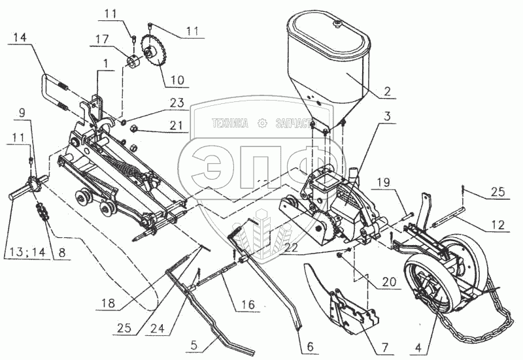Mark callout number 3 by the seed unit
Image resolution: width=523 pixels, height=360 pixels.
tap(388, 119)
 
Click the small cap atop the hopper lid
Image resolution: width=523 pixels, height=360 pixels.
tap(338, 23)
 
